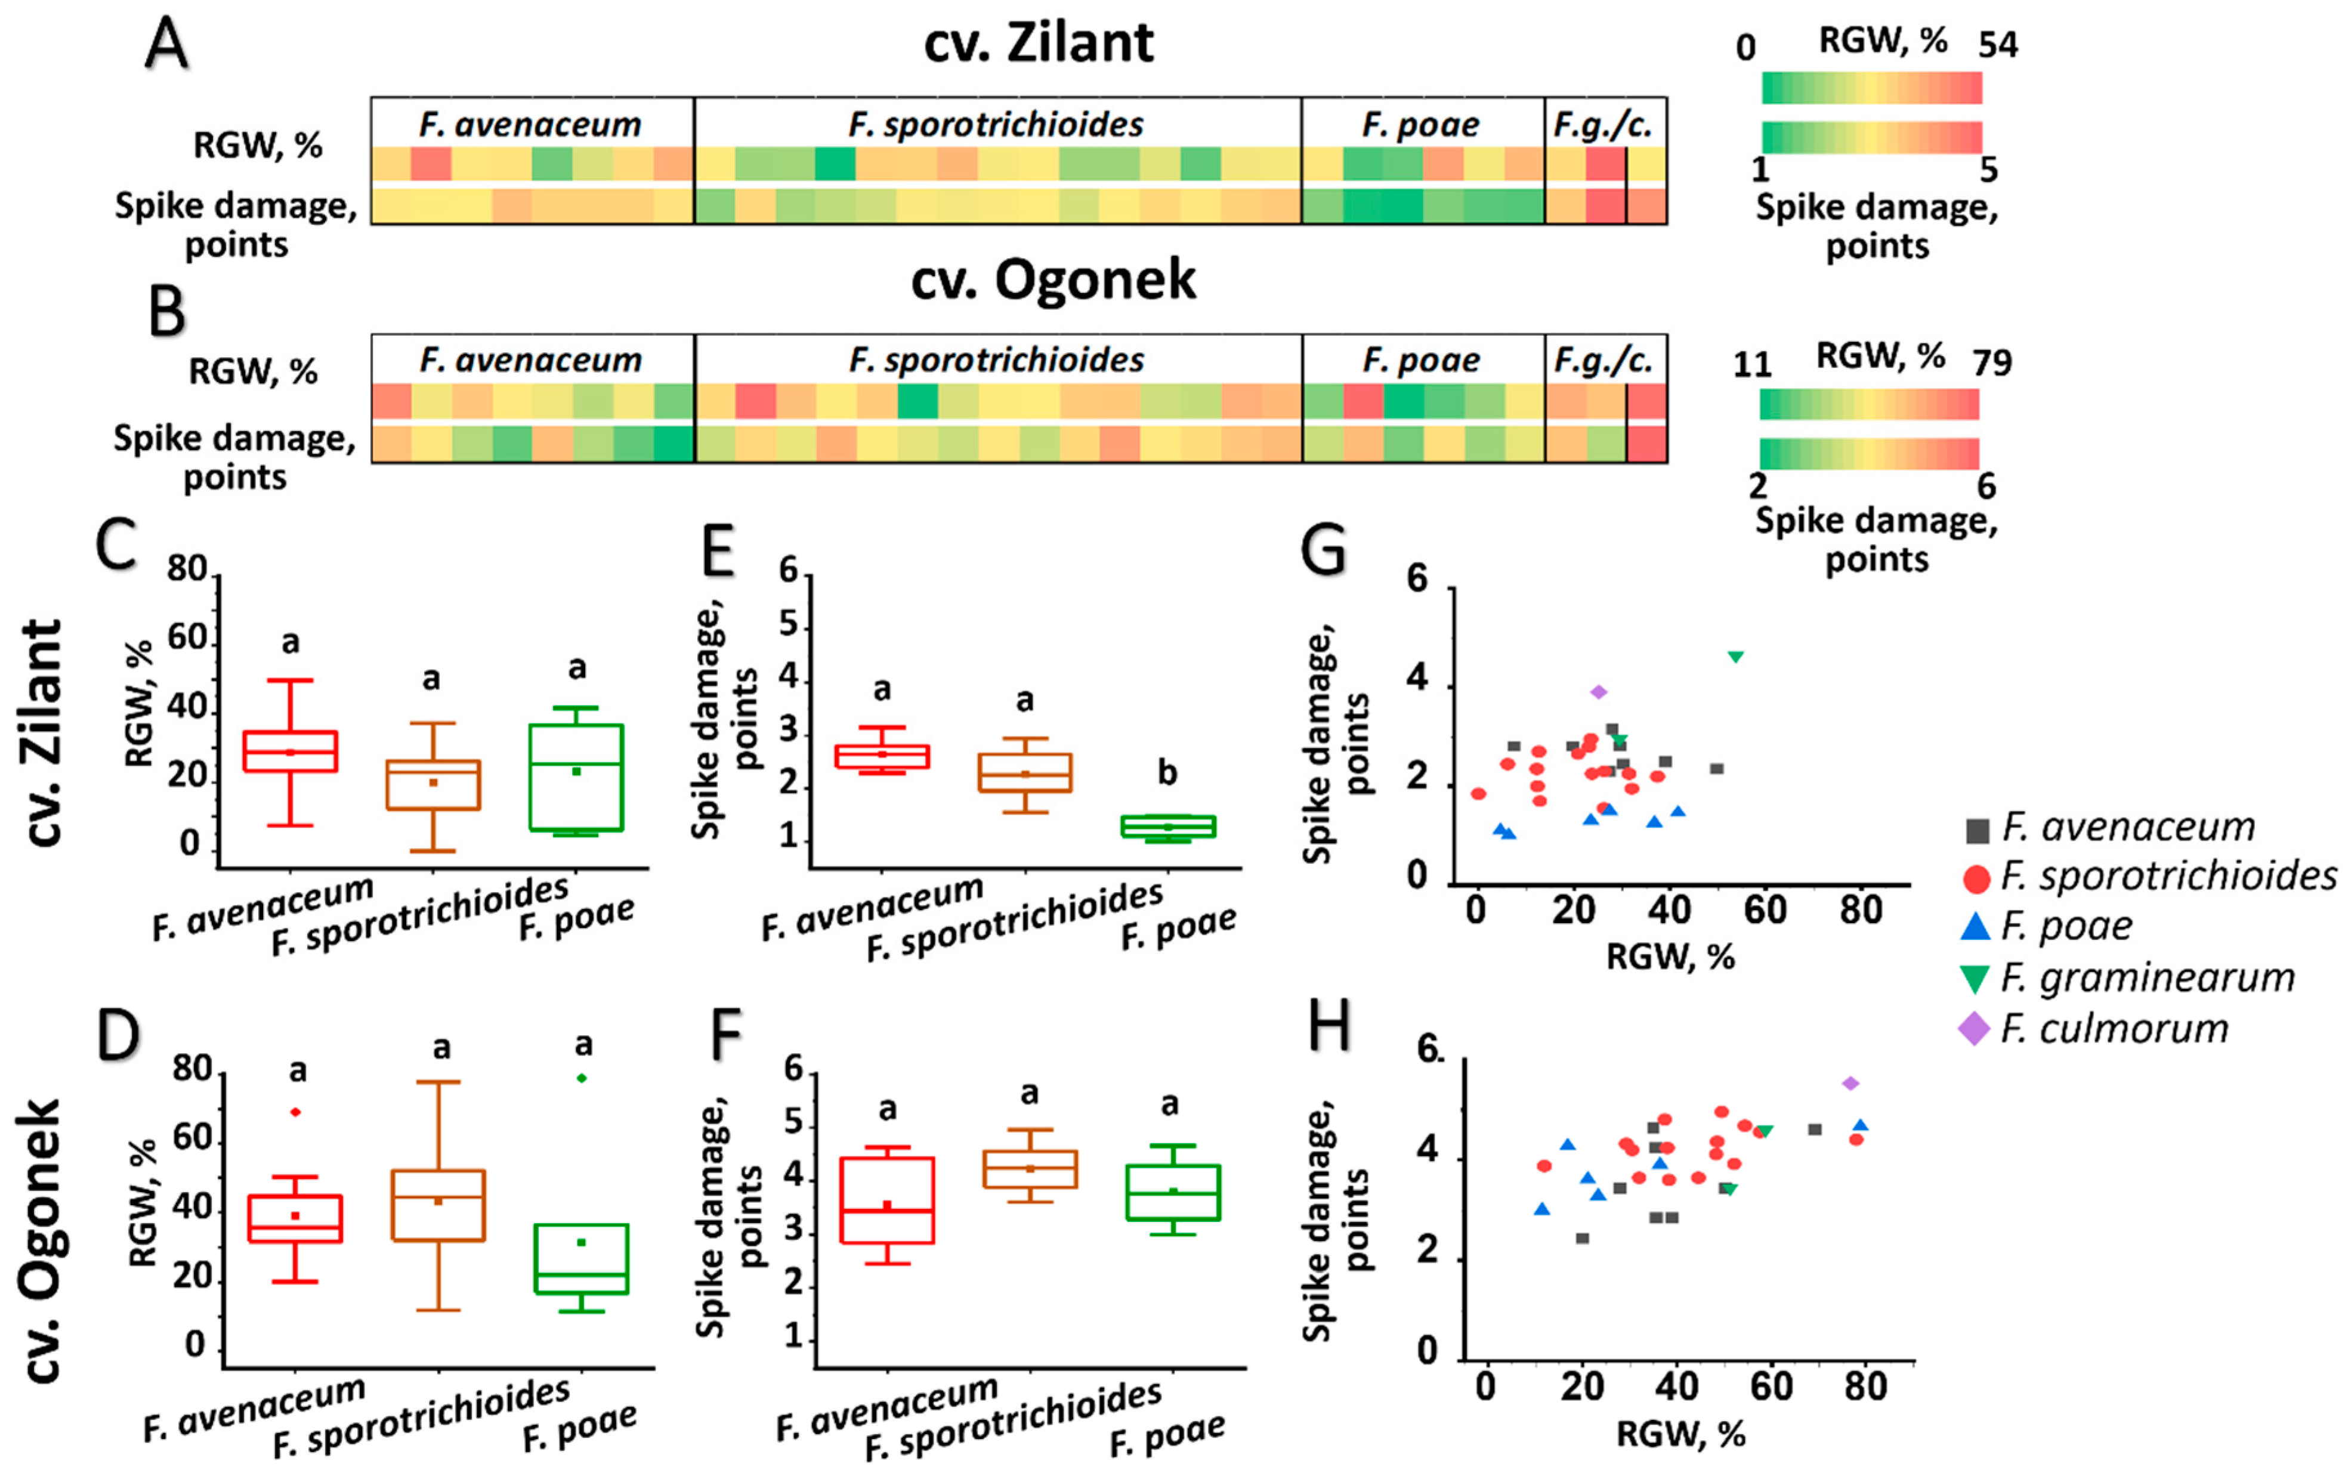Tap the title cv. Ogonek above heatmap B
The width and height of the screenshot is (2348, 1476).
pyautogui.click(x=1052, y=280)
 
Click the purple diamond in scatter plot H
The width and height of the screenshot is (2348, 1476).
pyautogui.click(x=1850, y=1083)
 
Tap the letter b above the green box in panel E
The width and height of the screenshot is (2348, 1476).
pyautogui.click(x=1167, y=773)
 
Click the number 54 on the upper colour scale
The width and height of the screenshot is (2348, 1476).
pyautogui.click(x=1998, y=45)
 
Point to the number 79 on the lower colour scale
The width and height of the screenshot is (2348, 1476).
pyautogui.click(x=1992, y=363)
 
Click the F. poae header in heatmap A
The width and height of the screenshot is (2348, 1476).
pyautogui.click(x=1421, y=125)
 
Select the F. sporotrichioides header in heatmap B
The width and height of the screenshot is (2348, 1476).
pyautogui.click(x=997, y=361)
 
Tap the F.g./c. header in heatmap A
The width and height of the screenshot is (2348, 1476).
pyautogui.click(x=1604, y=125)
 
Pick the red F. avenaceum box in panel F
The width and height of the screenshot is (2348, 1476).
pyautogui.click(x=887, y=1200)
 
